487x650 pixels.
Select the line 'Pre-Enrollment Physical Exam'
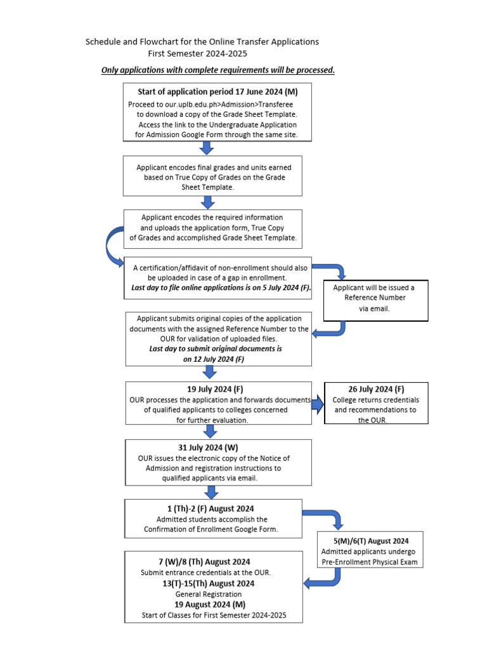click(372, 562)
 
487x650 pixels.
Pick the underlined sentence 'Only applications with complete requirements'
click(218, 70)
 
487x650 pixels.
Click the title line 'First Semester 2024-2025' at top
click(197, 54)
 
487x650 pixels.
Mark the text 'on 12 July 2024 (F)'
click(214, 359)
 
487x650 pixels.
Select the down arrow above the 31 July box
click(211, 432)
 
